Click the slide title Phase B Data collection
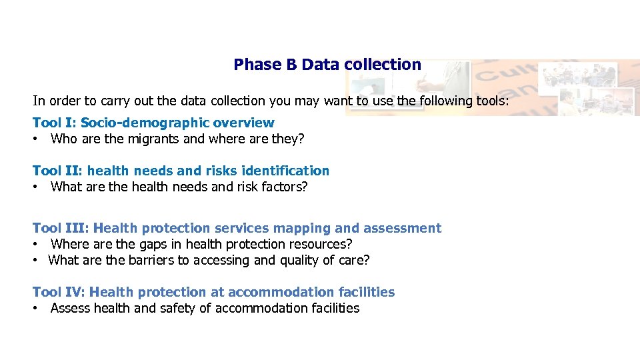click(x=327, y=65)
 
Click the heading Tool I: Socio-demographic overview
click(x=153, y=123)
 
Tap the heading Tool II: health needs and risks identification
click(x=181, y=171)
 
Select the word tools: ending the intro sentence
click(x=491, y=101)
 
